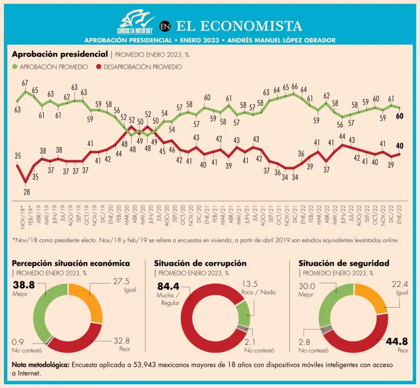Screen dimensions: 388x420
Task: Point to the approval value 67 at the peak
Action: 25,83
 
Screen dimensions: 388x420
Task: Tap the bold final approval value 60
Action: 400,116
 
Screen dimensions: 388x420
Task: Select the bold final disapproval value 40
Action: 400,145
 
